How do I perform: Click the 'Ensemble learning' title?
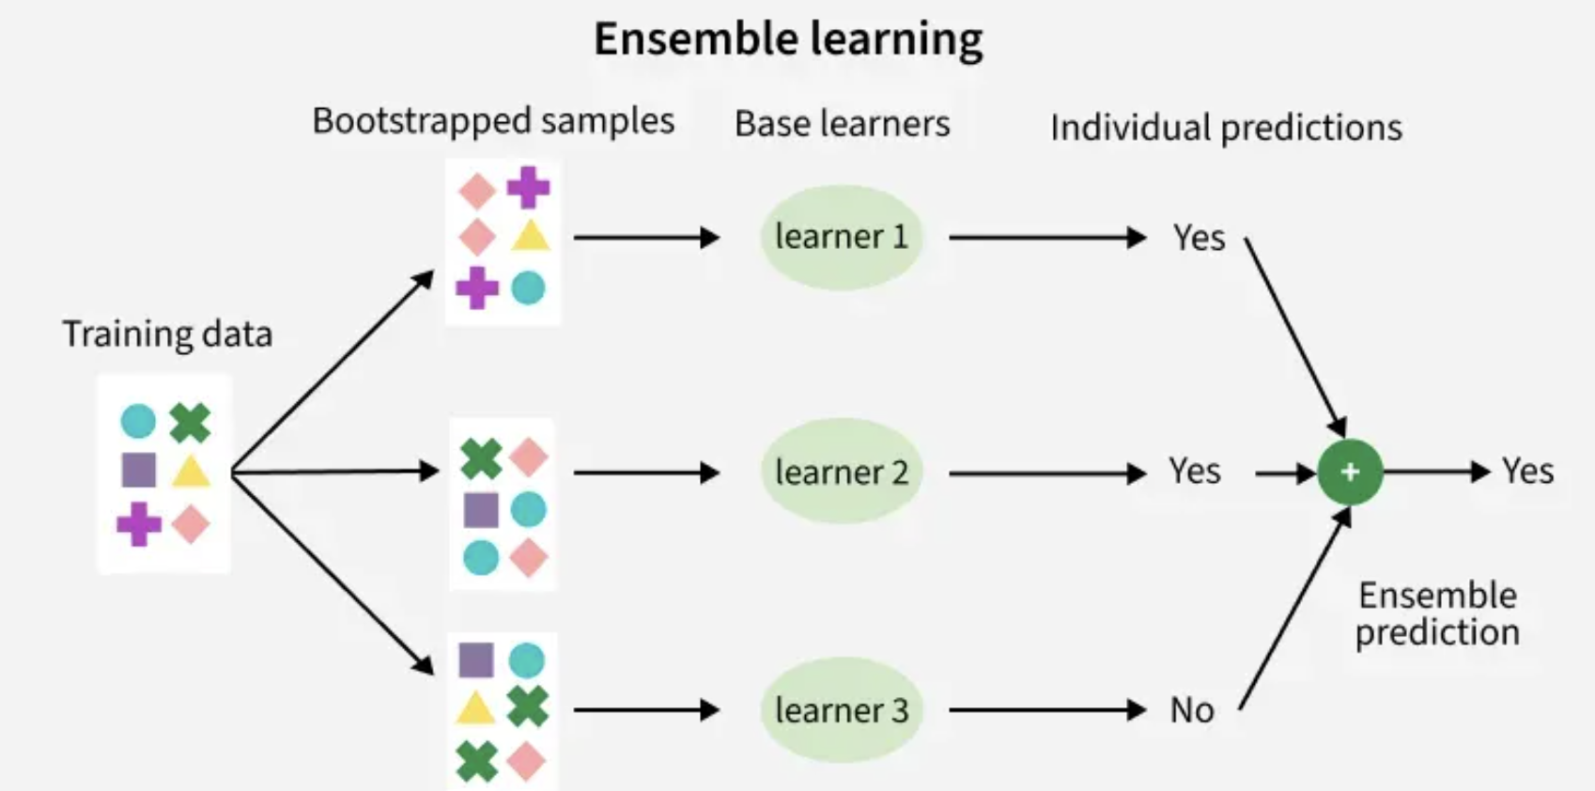(788, 39)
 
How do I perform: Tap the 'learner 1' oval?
(842, 237)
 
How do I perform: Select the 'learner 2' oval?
(842, 472)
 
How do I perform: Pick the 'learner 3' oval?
(842, 710)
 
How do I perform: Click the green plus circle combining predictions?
(1350, 472)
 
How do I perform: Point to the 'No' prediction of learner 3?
(1192, 710)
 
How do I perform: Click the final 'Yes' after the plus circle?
(1528, 472)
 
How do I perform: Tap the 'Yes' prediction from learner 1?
(1200, 238)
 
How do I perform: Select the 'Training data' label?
(167, 333)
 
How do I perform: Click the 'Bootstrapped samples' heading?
(493, 121)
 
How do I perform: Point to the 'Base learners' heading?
(843, 124)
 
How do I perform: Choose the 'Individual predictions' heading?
(1226, 128)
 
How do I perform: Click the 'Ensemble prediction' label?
(1437, 613)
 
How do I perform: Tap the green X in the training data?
(190, 423)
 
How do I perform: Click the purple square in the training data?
(139, 470)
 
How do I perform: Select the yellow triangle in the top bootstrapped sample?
(531, 237)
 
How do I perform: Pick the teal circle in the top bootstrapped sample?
(528, 287)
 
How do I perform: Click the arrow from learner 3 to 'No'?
(1047, 710)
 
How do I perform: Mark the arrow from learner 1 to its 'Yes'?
(1047, 237)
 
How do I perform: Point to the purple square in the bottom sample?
(476, 660)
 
